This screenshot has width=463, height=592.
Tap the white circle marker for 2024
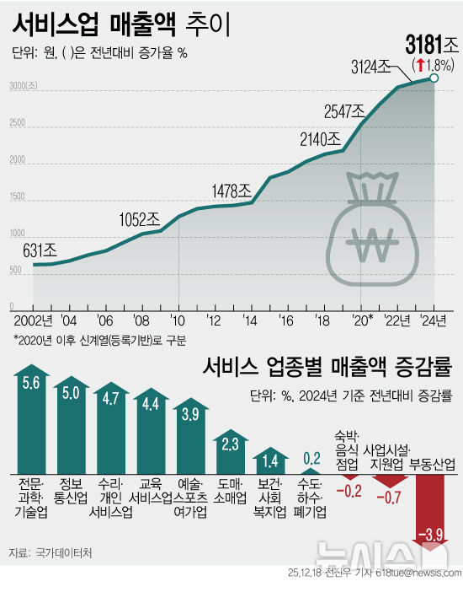(434, 78)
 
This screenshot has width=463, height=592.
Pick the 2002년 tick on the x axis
(32, 320)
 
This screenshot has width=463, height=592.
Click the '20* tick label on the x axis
(362, 320)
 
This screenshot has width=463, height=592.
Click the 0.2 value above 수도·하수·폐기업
(311, 458)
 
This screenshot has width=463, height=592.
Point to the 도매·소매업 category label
(231, 491)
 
